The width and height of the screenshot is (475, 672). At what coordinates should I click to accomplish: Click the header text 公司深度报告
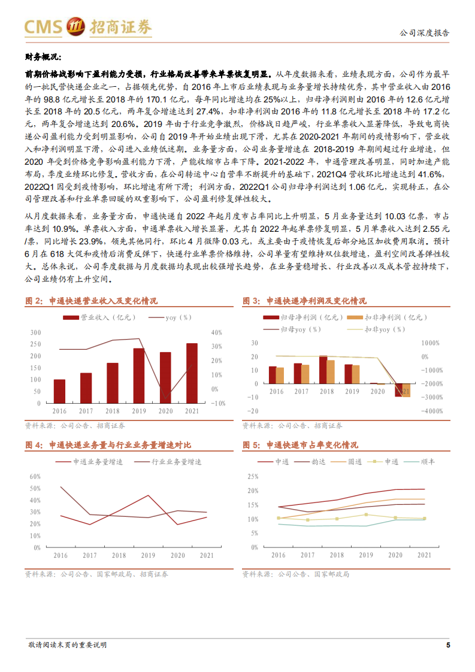[x=424, y=33]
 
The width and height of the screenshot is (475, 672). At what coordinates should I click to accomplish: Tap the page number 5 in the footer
[x=448, y=645]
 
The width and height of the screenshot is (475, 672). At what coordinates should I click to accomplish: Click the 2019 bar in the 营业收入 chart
[x=138, y=375]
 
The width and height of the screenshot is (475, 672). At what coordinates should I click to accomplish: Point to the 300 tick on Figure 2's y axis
[x=35, y=332]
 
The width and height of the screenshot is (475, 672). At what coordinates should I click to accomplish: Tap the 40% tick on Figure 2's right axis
[x=217, y=332]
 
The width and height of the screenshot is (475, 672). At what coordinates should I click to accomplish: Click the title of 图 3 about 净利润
[x=304, y=301]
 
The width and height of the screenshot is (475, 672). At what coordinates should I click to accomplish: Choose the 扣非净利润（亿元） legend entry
[x=372, y=317]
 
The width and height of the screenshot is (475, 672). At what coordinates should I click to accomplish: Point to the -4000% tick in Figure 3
[x=432, y=411]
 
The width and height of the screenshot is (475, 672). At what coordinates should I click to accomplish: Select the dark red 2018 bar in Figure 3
[x=323, y=370]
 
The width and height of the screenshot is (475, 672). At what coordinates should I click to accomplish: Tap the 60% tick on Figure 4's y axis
[x=35, y=477]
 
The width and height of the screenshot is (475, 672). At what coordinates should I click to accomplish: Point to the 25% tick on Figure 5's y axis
[x=252, y=477]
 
